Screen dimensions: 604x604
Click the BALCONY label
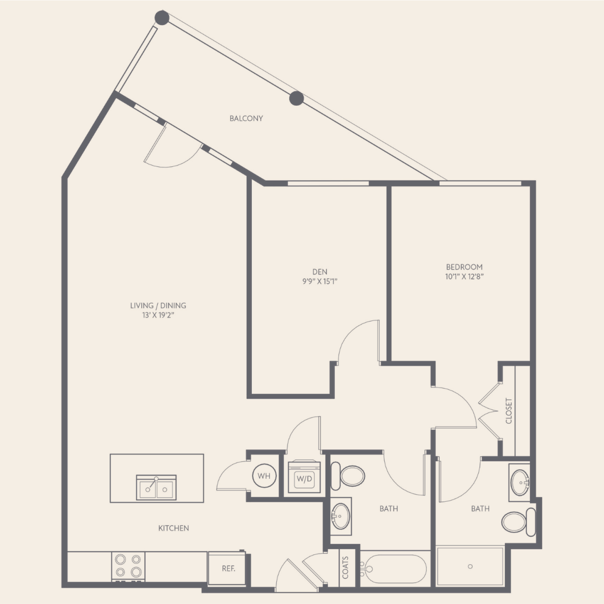246,118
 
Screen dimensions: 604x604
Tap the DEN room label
320,272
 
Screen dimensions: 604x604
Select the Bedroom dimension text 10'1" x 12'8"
464,277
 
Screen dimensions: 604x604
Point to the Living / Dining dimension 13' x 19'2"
158,315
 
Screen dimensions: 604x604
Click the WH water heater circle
264,476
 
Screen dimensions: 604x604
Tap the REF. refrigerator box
227,569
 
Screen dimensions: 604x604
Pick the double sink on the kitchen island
156,487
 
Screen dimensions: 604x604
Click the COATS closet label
345,567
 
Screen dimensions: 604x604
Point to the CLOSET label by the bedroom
508,411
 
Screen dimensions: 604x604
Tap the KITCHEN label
174,528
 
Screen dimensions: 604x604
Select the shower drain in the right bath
470,567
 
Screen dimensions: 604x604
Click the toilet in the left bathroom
348,476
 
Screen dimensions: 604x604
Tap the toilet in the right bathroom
519,522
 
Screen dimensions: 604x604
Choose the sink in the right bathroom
520,482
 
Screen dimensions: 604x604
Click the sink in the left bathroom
341,516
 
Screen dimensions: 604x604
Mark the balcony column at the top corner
162,18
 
